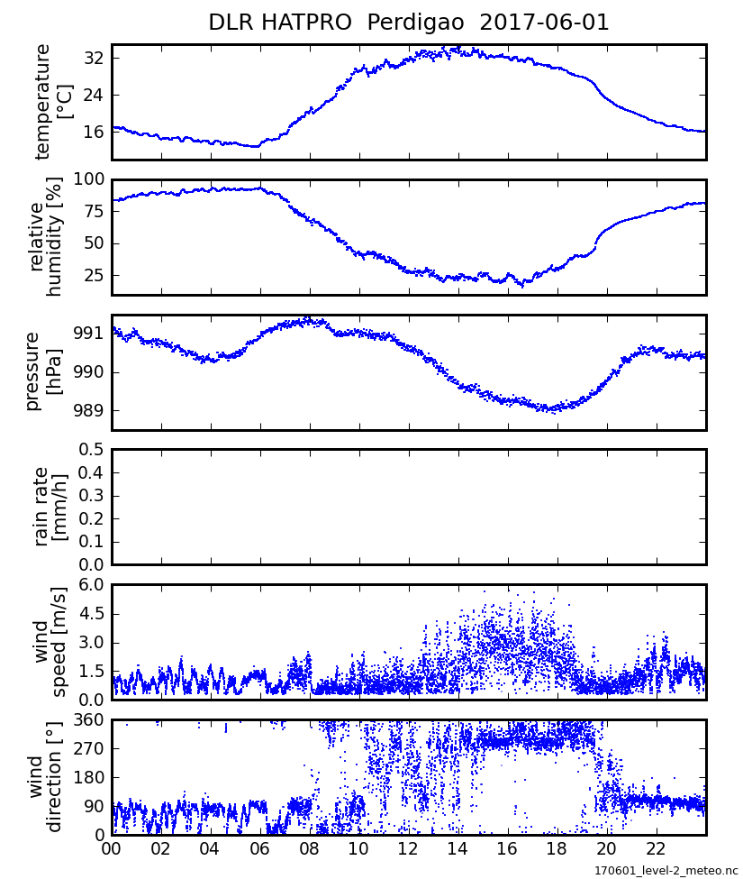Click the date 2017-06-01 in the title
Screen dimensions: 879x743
[545, 23]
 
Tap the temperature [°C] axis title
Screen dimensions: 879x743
[54, 102]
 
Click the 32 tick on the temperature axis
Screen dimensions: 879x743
[92, 59]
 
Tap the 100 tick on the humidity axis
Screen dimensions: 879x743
[88, 179]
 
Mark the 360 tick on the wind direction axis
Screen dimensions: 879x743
[88, 720]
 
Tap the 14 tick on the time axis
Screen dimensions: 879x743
[458, 850]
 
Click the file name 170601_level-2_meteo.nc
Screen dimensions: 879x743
[665, 870]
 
